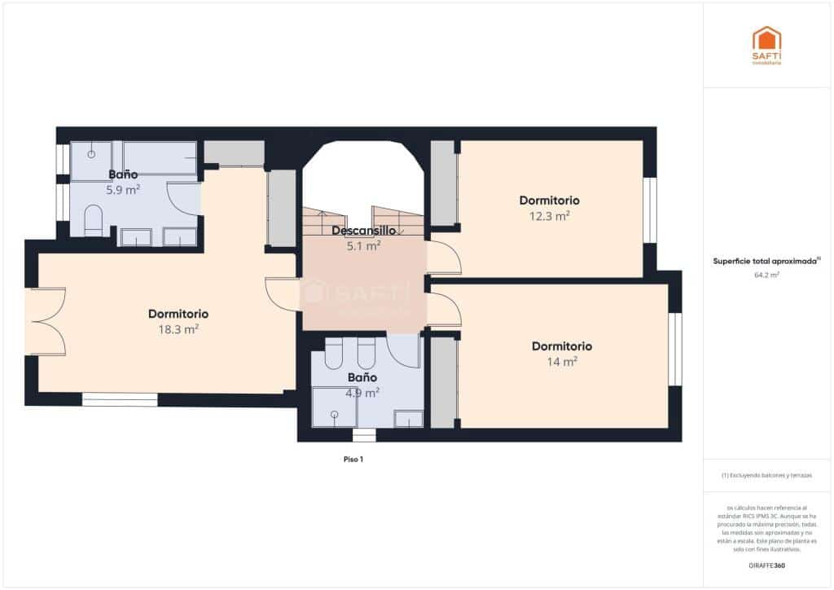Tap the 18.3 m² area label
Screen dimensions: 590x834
(x=179, y=329)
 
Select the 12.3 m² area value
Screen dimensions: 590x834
(x=549, y=216)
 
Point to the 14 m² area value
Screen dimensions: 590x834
(x=562, y=362)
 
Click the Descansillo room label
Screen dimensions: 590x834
(x=363, y=231)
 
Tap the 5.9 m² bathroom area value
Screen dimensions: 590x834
(x=122, y=190)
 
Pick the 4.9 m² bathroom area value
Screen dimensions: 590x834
(x=362, y=393)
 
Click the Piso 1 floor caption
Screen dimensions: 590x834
(x=353, y=460)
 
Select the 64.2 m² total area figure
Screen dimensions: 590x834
(x=766, y=275)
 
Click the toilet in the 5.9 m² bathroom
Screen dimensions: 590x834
(x=93, y=221)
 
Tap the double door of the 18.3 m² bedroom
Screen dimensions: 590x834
(x=47, y=322)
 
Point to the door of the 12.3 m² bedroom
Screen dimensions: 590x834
(x=444, y=258)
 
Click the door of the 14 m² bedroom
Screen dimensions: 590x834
(x=444, y=310)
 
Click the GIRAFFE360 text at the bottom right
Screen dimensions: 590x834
(x=766, y=565)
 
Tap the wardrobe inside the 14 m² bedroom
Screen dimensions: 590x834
(x=443, y=382)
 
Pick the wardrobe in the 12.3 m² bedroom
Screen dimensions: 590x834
(x=443, y=183)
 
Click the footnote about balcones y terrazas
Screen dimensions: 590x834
(x=766, y=475)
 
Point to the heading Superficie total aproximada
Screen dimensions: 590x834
(x=766, y=262)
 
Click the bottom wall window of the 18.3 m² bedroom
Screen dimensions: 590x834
(x=120, y=399)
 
